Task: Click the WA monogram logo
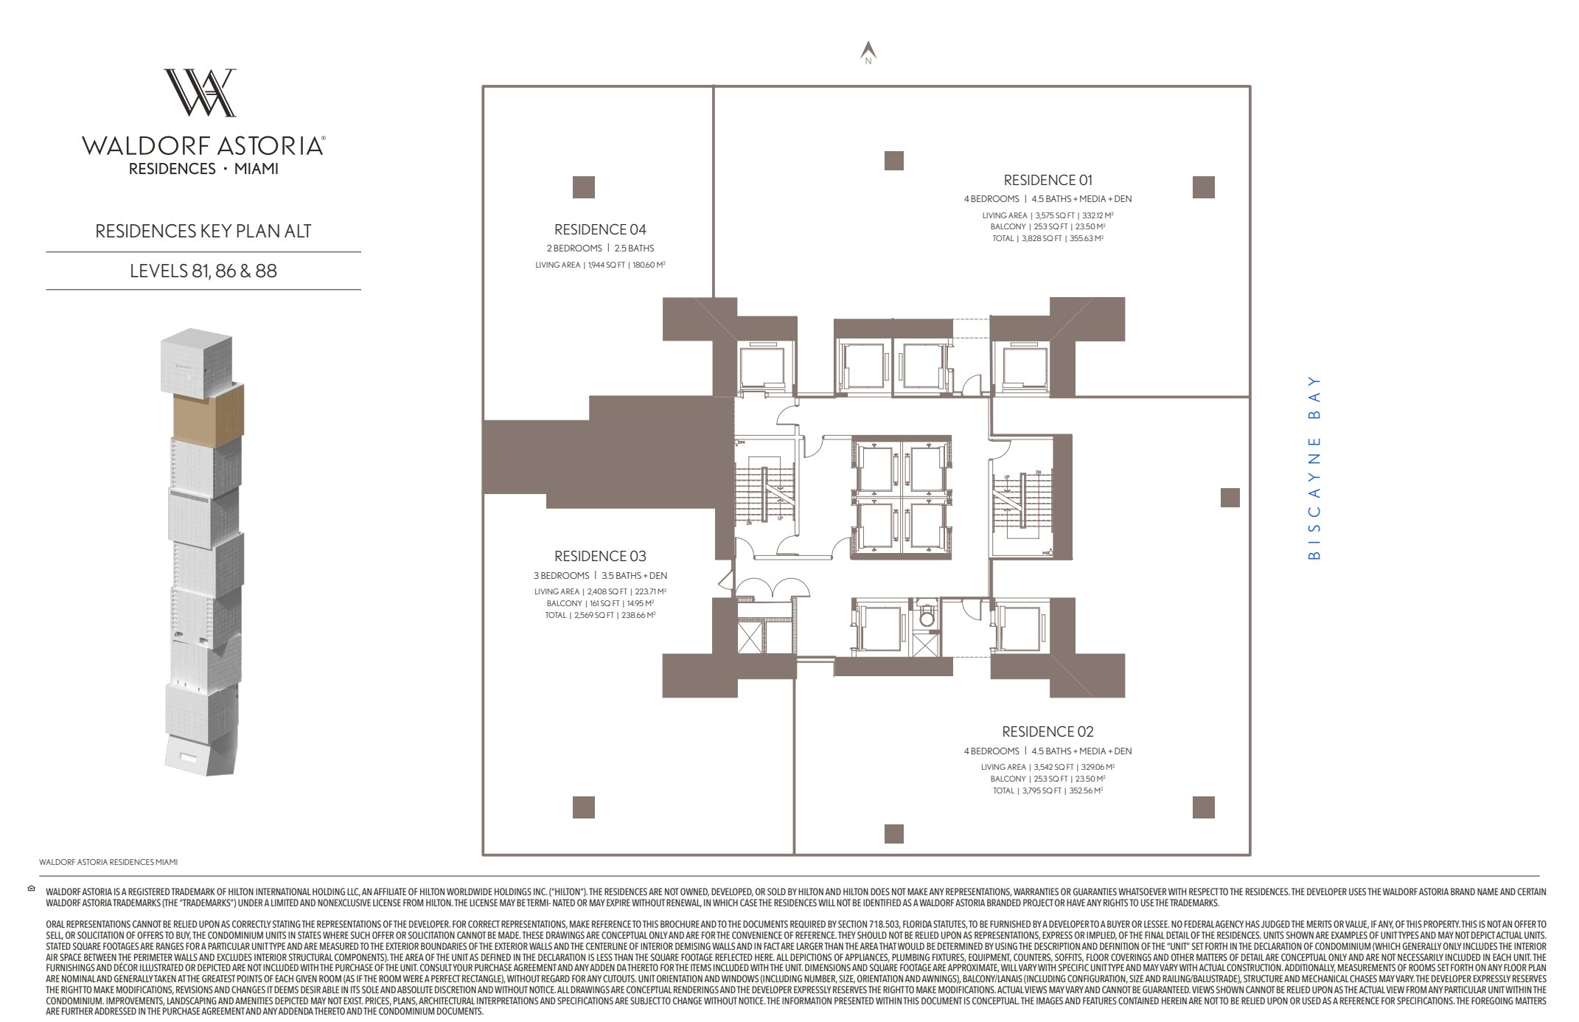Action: pos(201,93)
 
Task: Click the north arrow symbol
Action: pos(868,51)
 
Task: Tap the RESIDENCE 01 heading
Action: pos(1048,180)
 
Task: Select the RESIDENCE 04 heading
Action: pos(600,229)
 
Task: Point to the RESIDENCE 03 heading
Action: pos(600,556)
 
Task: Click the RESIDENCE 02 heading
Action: pos(1048,731)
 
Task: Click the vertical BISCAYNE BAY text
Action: pos(1314,468)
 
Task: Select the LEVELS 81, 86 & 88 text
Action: pos(203,271)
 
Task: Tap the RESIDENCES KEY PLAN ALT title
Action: pos(203,231)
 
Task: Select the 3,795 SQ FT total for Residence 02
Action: pos(1042,791)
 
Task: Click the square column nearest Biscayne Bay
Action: pos(1230,498)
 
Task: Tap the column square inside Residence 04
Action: pos(584,187)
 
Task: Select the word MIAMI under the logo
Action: pos(256,169)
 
